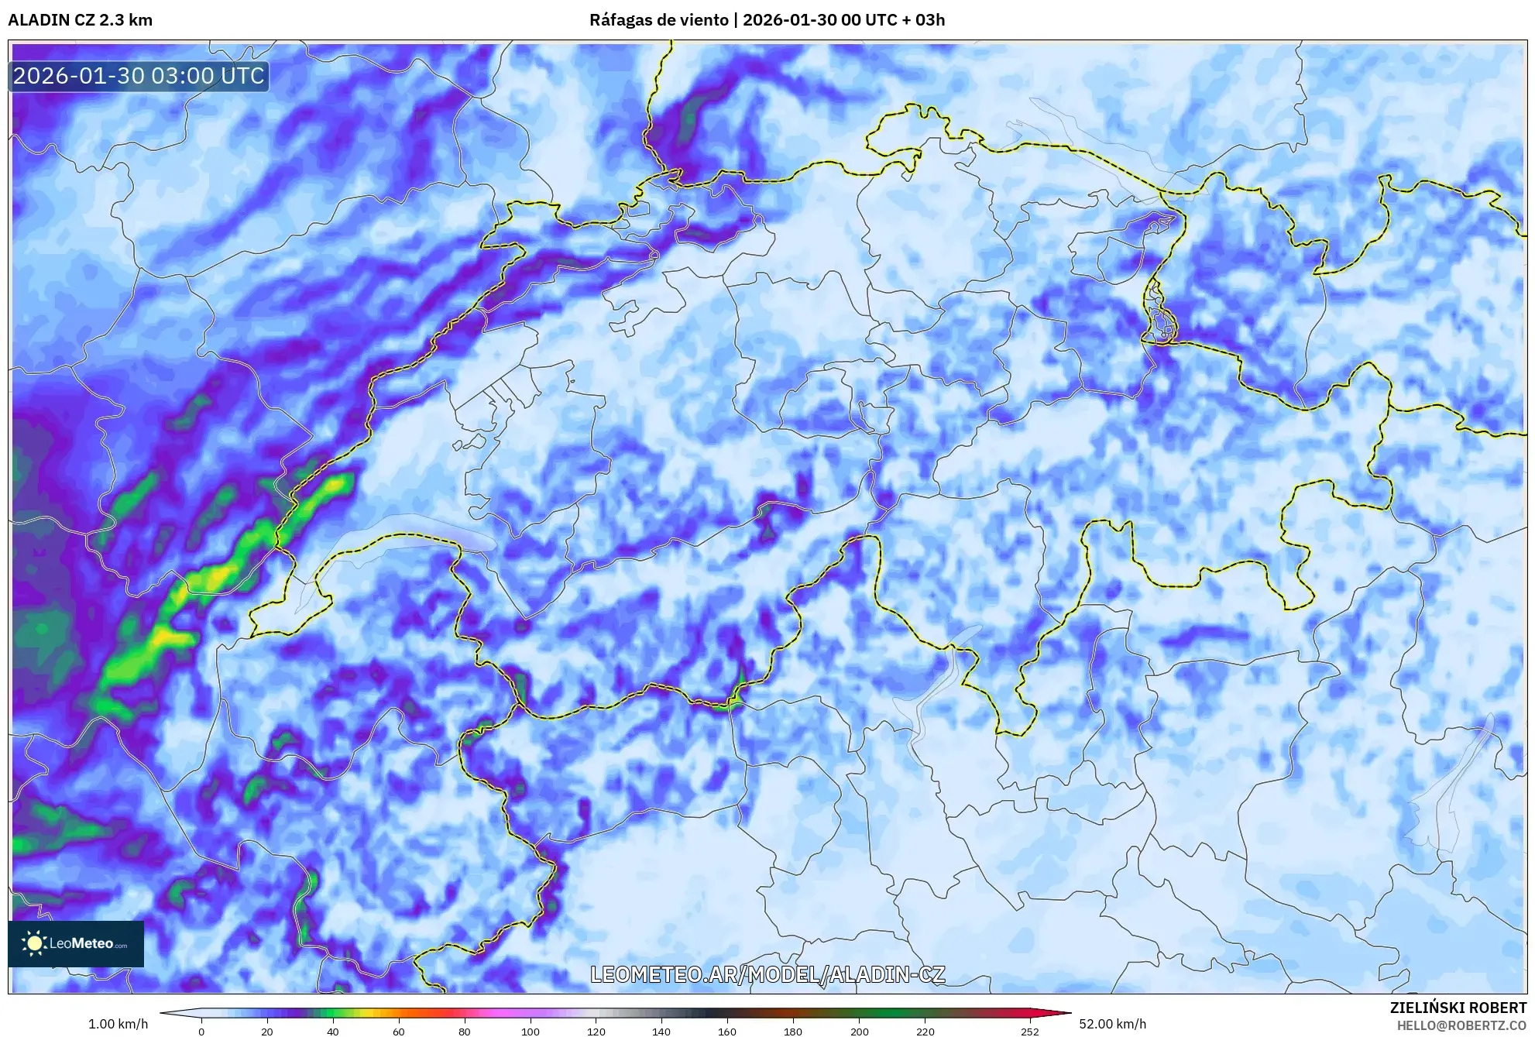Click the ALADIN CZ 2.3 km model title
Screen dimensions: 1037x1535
80,20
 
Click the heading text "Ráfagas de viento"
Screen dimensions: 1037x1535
658,20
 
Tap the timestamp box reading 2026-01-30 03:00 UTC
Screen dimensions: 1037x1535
139,76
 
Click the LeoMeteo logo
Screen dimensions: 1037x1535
76,943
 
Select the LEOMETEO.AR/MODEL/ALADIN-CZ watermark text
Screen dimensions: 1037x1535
767,974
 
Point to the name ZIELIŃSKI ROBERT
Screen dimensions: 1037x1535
1458,1008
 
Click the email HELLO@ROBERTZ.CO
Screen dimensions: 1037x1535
1461,1025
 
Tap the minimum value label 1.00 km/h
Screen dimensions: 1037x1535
118,1024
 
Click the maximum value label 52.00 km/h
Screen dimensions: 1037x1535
1112,1024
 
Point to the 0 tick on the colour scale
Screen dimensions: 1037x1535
201,1031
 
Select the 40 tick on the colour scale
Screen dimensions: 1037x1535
332,1031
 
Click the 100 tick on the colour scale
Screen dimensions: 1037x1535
530,1031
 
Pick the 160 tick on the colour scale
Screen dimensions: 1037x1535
727,1031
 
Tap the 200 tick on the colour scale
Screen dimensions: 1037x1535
859,1031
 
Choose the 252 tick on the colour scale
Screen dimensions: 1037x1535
1029,1031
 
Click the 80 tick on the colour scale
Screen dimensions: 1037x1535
464,1031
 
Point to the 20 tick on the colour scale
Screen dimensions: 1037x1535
266,1031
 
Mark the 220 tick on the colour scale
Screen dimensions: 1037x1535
925,1031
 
